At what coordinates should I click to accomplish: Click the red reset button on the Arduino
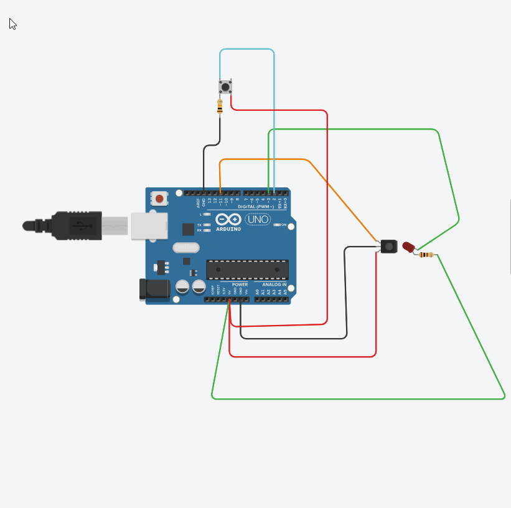point(160,199)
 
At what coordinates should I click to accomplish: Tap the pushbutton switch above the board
point(225,87)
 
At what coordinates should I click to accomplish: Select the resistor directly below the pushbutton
point(220,107)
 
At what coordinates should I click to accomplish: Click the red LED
point(408,247)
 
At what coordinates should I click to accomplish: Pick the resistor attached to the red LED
point(426,255)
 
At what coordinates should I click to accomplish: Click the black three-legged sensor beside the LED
point(388,247)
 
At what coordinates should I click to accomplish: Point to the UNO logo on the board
point(257,219)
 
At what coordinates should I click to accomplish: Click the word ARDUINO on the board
point(227,228)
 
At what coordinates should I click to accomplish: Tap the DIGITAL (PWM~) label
point(261,206)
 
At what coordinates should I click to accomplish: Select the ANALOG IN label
point(274,285)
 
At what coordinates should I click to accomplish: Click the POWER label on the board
point(240,285)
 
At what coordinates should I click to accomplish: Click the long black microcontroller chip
point(247,269)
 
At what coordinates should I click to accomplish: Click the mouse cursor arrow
point(12,24)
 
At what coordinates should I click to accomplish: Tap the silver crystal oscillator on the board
point(184,248)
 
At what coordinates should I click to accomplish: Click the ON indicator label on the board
point(283,225)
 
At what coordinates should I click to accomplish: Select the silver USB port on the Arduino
point(148,225)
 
